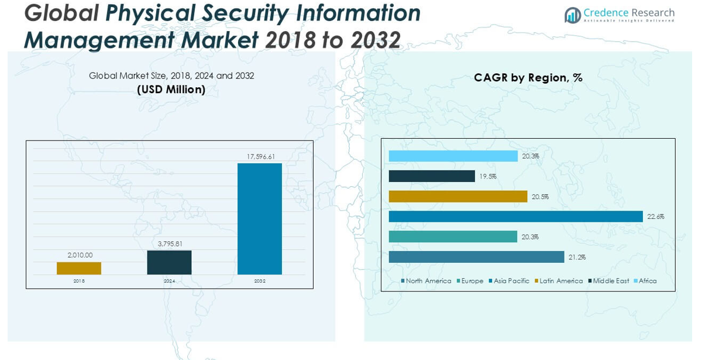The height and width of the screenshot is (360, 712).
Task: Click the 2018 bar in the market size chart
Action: [x=79, y=268]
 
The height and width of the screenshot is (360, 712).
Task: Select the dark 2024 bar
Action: [x=169, y=262]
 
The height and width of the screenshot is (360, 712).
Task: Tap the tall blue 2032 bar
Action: [x=260, y=218]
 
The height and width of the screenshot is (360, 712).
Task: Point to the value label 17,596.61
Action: [x=260, y=157]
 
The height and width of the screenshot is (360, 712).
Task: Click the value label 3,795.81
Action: [x=170, y=244]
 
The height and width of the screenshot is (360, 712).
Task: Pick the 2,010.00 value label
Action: [x=80, y=255]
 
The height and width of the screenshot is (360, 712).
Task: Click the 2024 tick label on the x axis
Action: [x=170, y=282]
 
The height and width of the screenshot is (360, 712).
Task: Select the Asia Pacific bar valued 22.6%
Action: [x=515, y=217]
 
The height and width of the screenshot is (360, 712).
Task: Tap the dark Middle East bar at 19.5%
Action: [x=432, y=176]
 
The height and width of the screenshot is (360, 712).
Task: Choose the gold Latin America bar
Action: [x=458, y=197]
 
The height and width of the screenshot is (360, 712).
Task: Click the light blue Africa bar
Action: [x=453, y=156]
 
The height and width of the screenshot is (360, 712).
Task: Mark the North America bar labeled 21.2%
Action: [x=476, y=257]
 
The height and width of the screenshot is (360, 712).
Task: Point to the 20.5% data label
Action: [x=540, y=197]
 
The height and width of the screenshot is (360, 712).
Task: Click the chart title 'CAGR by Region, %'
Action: [x=528, y=78]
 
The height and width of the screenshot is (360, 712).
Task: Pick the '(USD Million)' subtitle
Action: [x=171, y=90]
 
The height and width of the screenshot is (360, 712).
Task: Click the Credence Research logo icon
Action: [x=573, y=15]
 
